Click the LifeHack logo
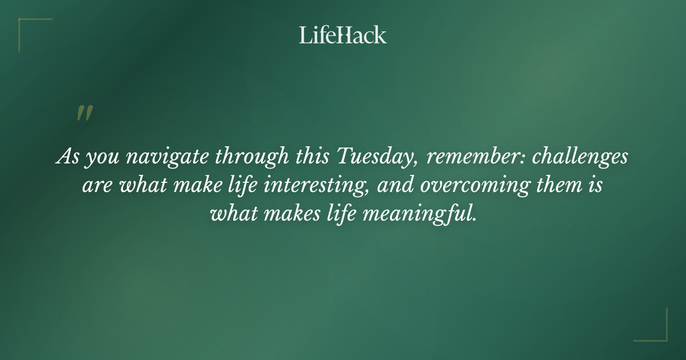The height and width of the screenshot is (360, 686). point(343,35)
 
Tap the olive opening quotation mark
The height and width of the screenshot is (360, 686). point(84,113)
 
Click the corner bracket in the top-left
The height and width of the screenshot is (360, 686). point(29,29)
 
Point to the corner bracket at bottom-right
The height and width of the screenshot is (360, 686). point(657,331)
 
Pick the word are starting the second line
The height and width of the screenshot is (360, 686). point(95,186)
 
